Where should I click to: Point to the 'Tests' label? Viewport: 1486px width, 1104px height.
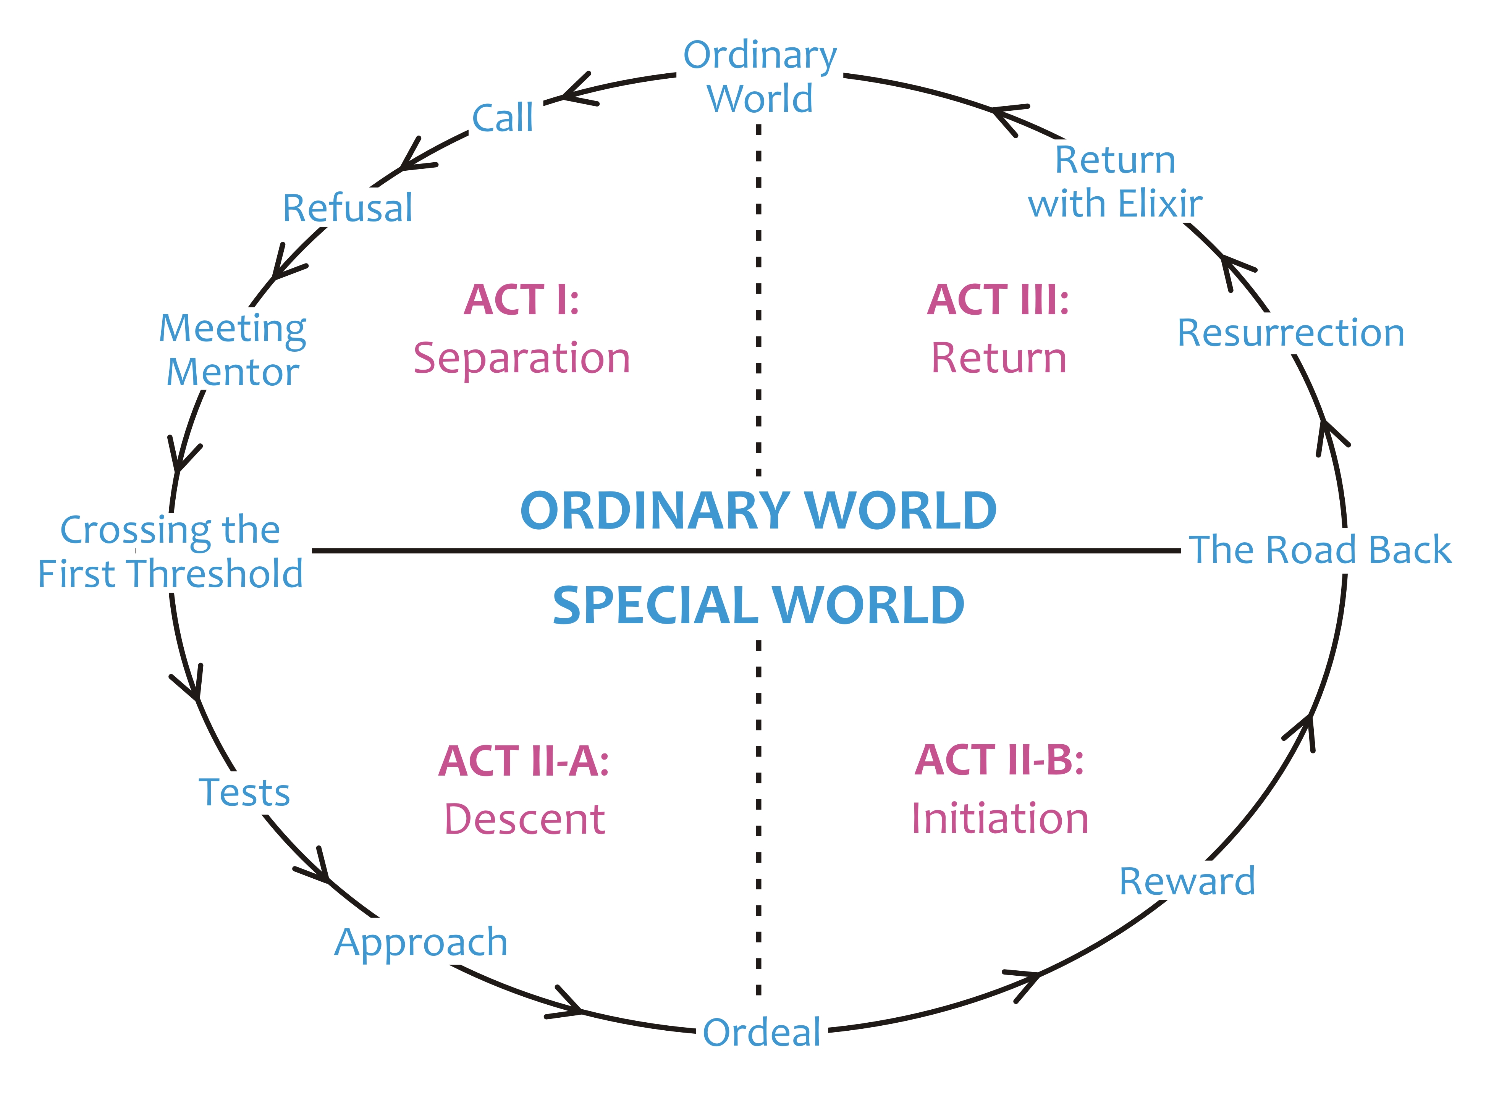pyautogui.click(x=244, y=793)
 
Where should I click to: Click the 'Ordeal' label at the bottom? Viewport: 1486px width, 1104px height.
pyautogui.click(x=762, y=1033)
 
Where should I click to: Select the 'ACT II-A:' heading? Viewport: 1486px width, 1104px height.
pyautogui.click(x=524, y=761)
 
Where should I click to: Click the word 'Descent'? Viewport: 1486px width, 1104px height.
pyautogui.click(x=524, y=820)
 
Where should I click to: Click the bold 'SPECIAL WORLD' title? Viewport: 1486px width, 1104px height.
pyautogui.click(x=758, y=606)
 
